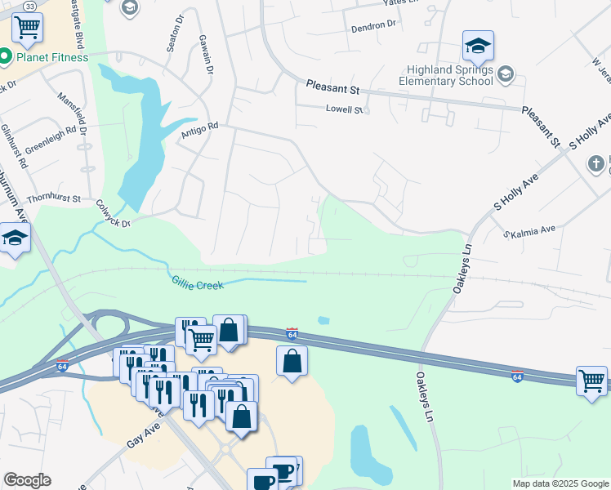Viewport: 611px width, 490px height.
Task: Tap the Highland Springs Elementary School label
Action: (x=447, y=75)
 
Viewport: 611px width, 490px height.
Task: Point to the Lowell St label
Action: (x=344, y=109)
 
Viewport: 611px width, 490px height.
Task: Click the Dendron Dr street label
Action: (x=372, y=25)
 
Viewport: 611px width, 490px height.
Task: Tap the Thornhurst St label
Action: (x=52, y=198)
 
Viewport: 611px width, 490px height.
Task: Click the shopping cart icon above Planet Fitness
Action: (x=28, y=28)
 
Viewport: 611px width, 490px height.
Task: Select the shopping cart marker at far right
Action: (x=592, y=380)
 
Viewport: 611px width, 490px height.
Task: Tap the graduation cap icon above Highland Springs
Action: (x=478, y=46)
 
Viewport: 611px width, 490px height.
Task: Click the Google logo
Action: (x=27, y=480)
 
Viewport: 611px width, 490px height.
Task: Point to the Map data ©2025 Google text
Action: (x=560, y=483)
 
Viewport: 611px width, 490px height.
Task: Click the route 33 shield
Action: (x=30, y=6)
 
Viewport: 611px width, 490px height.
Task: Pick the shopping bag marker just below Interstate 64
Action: (x=292, y=360)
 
